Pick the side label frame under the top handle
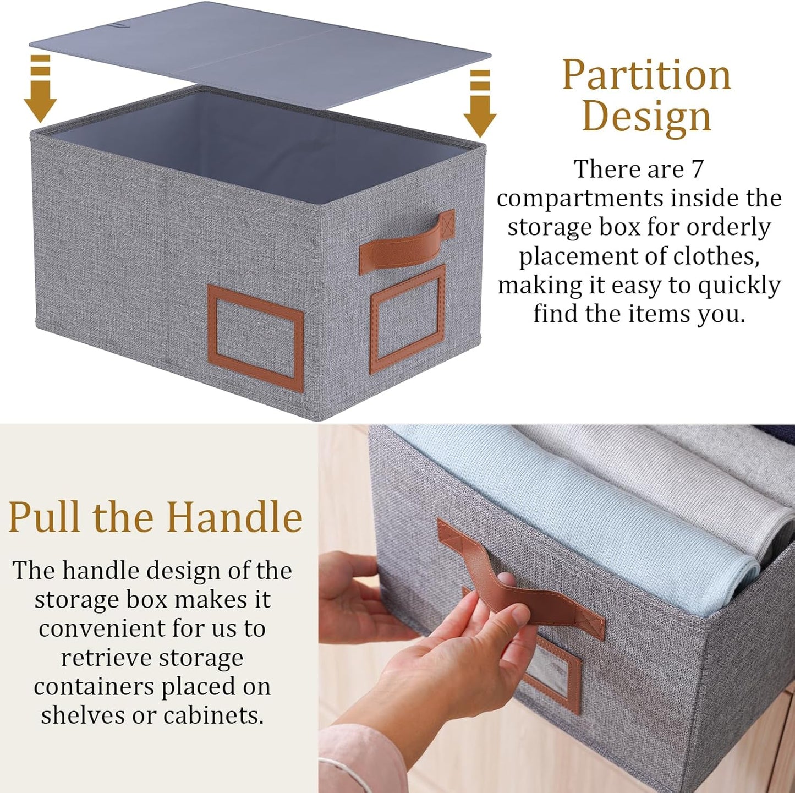coord(408,319)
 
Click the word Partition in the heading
coord(646,75)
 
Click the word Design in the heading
coord(646,117)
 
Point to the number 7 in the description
coord(697,169)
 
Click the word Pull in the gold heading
coord(44,517)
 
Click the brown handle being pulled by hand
coord(523,583)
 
